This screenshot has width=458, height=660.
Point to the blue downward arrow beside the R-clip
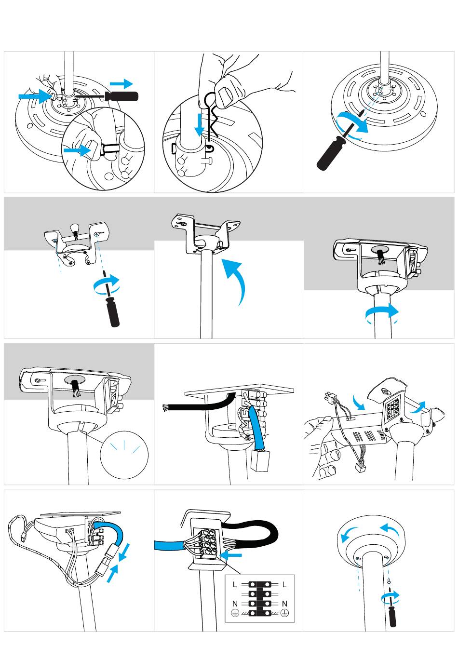[x=200, y=125]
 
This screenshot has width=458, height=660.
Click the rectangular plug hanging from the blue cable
[x=260, y=461]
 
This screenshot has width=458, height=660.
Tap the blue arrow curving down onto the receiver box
[x=359, y=402]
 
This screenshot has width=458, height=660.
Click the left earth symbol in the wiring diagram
[x=234, y=613]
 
